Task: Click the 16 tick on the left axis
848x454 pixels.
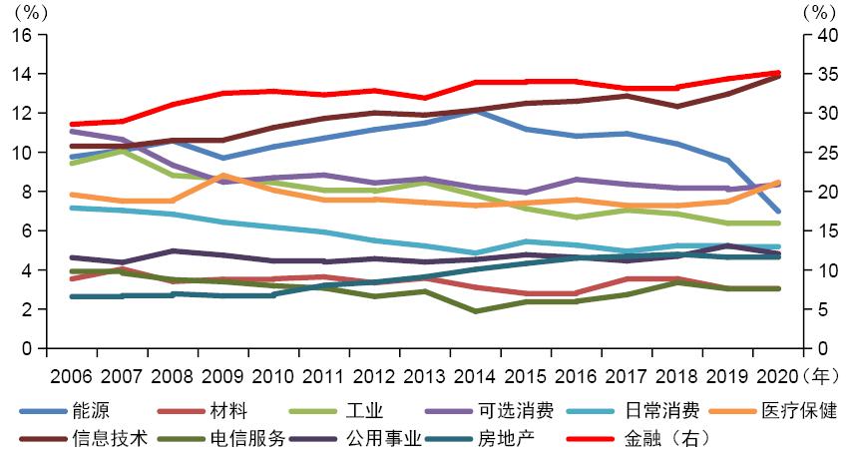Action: [22, 35]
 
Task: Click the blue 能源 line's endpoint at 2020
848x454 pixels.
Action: [777, 211]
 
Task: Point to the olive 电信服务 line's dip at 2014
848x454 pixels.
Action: [475, 311]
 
